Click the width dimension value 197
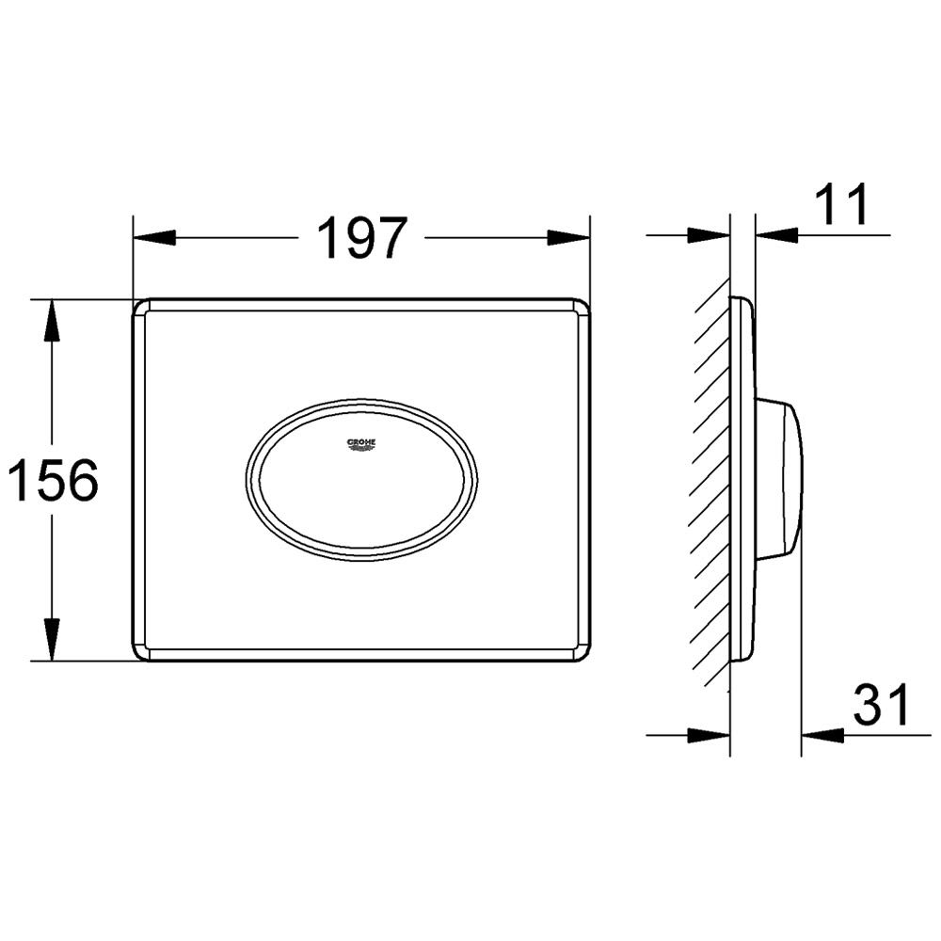click(x=362, y=237)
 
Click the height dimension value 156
click(x=53, y=480)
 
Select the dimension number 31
click(x=881, y=704)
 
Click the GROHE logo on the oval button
click(x=362, y=445)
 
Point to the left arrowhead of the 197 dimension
click(x=154, y=237)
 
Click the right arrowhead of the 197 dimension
click(x=569, y=237)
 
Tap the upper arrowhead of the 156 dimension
click(x=52, y=321)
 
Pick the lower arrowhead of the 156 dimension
click(x=52, y=640)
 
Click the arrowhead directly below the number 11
click(x=777, y=235)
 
